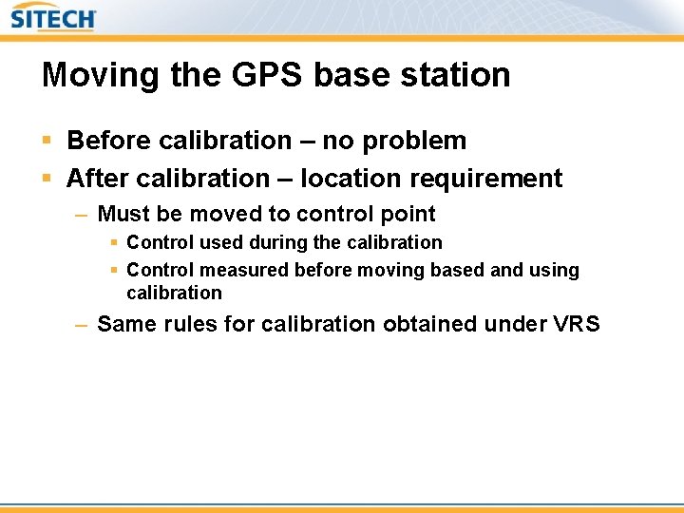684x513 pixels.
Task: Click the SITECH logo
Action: (x=54, y=18)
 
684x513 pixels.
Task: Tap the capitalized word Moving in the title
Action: (x=89, y=75)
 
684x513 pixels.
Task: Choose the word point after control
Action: (x=408, y=214)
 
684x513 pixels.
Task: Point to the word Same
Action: (x=126, y=324)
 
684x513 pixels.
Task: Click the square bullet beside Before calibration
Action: (x=48, y=142)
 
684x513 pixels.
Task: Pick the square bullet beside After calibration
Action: (x=48, y=179)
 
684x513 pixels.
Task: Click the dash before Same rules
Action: (x=82, y=325)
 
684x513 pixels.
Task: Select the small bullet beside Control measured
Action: (x=114, y=271)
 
